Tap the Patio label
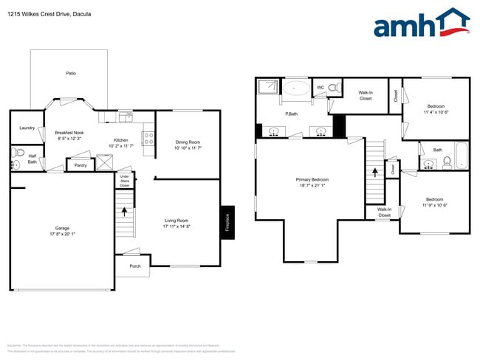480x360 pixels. point(71,74)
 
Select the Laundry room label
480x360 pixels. point(27,128)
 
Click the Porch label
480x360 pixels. point(135,266)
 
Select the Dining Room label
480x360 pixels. point(188,142)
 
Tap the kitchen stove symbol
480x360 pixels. point(148,136)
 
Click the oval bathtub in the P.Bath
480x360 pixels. point(297,89)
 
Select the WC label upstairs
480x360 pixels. point(320,87)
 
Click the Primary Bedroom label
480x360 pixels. point(312,179)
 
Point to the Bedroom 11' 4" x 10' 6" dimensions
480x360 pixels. point(436,111)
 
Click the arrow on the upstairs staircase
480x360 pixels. point(374,170)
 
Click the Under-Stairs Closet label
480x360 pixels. point(125,180)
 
